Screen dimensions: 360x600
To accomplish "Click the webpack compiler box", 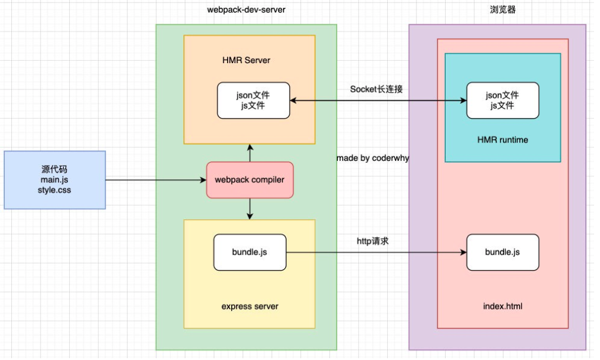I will point(250,180).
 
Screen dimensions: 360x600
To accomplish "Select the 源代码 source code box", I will point(55,180).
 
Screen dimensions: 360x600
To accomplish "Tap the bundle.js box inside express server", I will point(250,252).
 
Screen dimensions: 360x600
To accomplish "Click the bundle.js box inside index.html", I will point(502,252).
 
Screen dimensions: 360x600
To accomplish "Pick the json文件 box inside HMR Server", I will point(253,100).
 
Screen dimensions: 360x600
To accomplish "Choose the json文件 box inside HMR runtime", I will point(502,100).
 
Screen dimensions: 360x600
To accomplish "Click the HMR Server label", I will point(247,61).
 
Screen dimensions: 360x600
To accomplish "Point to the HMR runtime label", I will point(502,140).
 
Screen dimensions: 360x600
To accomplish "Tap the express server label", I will point(250,306).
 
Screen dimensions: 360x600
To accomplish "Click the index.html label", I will point(502,306).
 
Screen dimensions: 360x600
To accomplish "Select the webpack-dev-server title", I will point(246,10).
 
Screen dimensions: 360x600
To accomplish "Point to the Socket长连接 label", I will point(377,89).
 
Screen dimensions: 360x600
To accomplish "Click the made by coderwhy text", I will point(372,159).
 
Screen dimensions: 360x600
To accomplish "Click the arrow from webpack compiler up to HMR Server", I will point(250,153).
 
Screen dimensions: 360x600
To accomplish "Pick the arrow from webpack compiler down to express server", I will point(250,209).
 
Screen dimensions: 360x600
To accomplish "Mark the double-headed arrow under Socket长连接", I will point(378,101).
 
